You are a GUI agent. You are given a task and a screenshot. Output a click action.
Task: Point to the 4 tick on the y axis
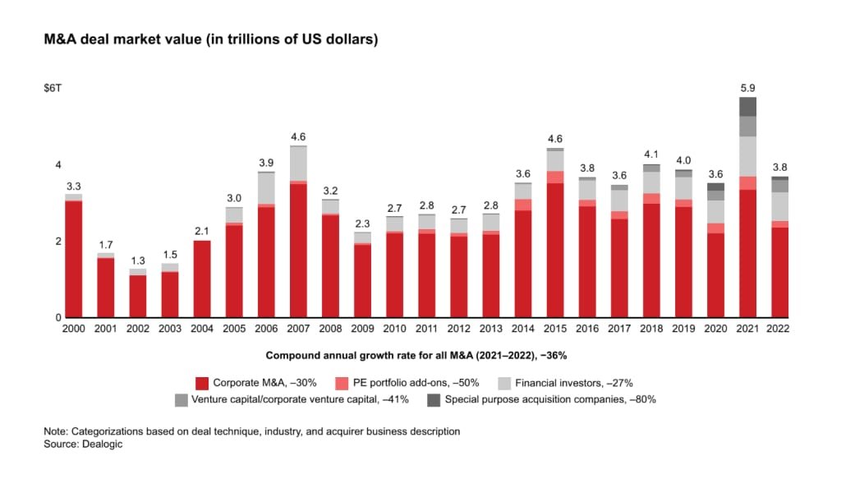pos(57,165)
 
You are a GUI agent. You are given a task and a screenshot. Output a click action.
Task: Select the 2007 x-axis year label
pos(298,329)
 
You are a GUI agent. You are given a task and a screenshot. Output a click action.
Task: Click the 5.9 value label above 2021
pos(747,87)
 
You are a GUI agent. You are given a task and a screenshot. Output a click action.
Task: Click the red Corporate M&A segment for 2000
pos(74,259)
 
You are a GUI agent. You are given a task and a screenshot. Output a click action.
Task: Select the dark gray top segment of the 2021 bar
pos(747,106)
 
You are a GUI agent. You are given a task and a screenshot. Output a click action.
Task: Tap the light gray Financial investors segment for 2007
pos(298,164)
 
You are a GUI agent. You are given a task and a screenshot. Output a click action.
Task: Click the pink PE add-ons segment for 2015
pos(554,177)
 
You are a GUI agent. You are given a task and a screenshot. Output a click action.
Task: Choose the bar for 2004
pos(202,279)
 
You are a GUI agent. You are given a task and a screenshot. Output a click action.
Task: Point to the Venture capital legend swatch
pos(181,400)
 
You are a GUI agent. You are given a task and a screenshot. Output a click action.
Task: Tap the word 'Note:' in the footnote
pos(57,431)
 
